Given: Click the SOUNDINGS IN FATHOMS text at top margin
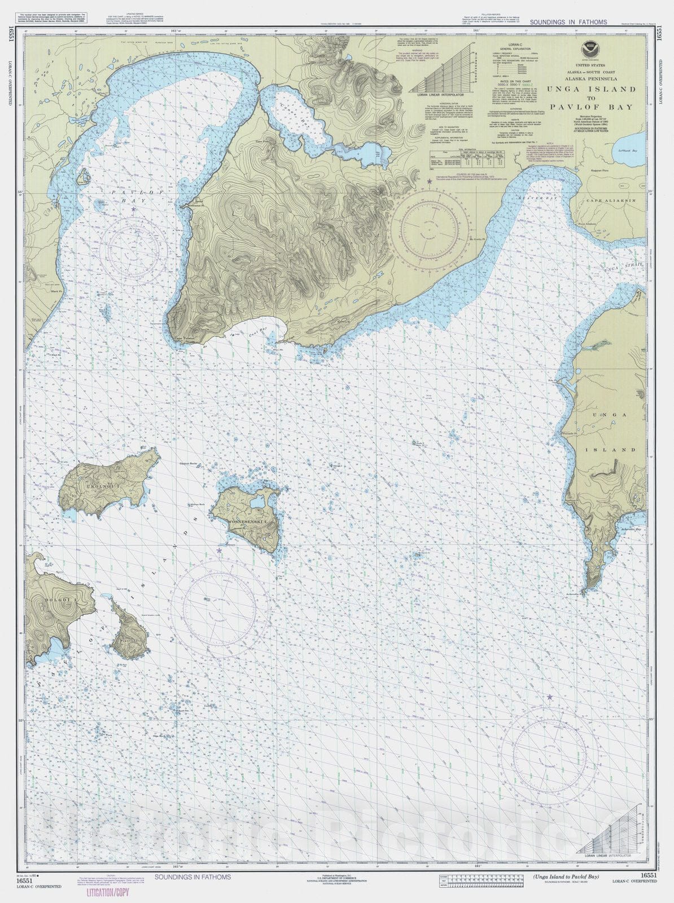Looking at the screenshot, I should [x=568, y=22].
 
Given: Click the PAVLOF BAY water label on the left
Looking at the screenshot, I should [x=127, y=196].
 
